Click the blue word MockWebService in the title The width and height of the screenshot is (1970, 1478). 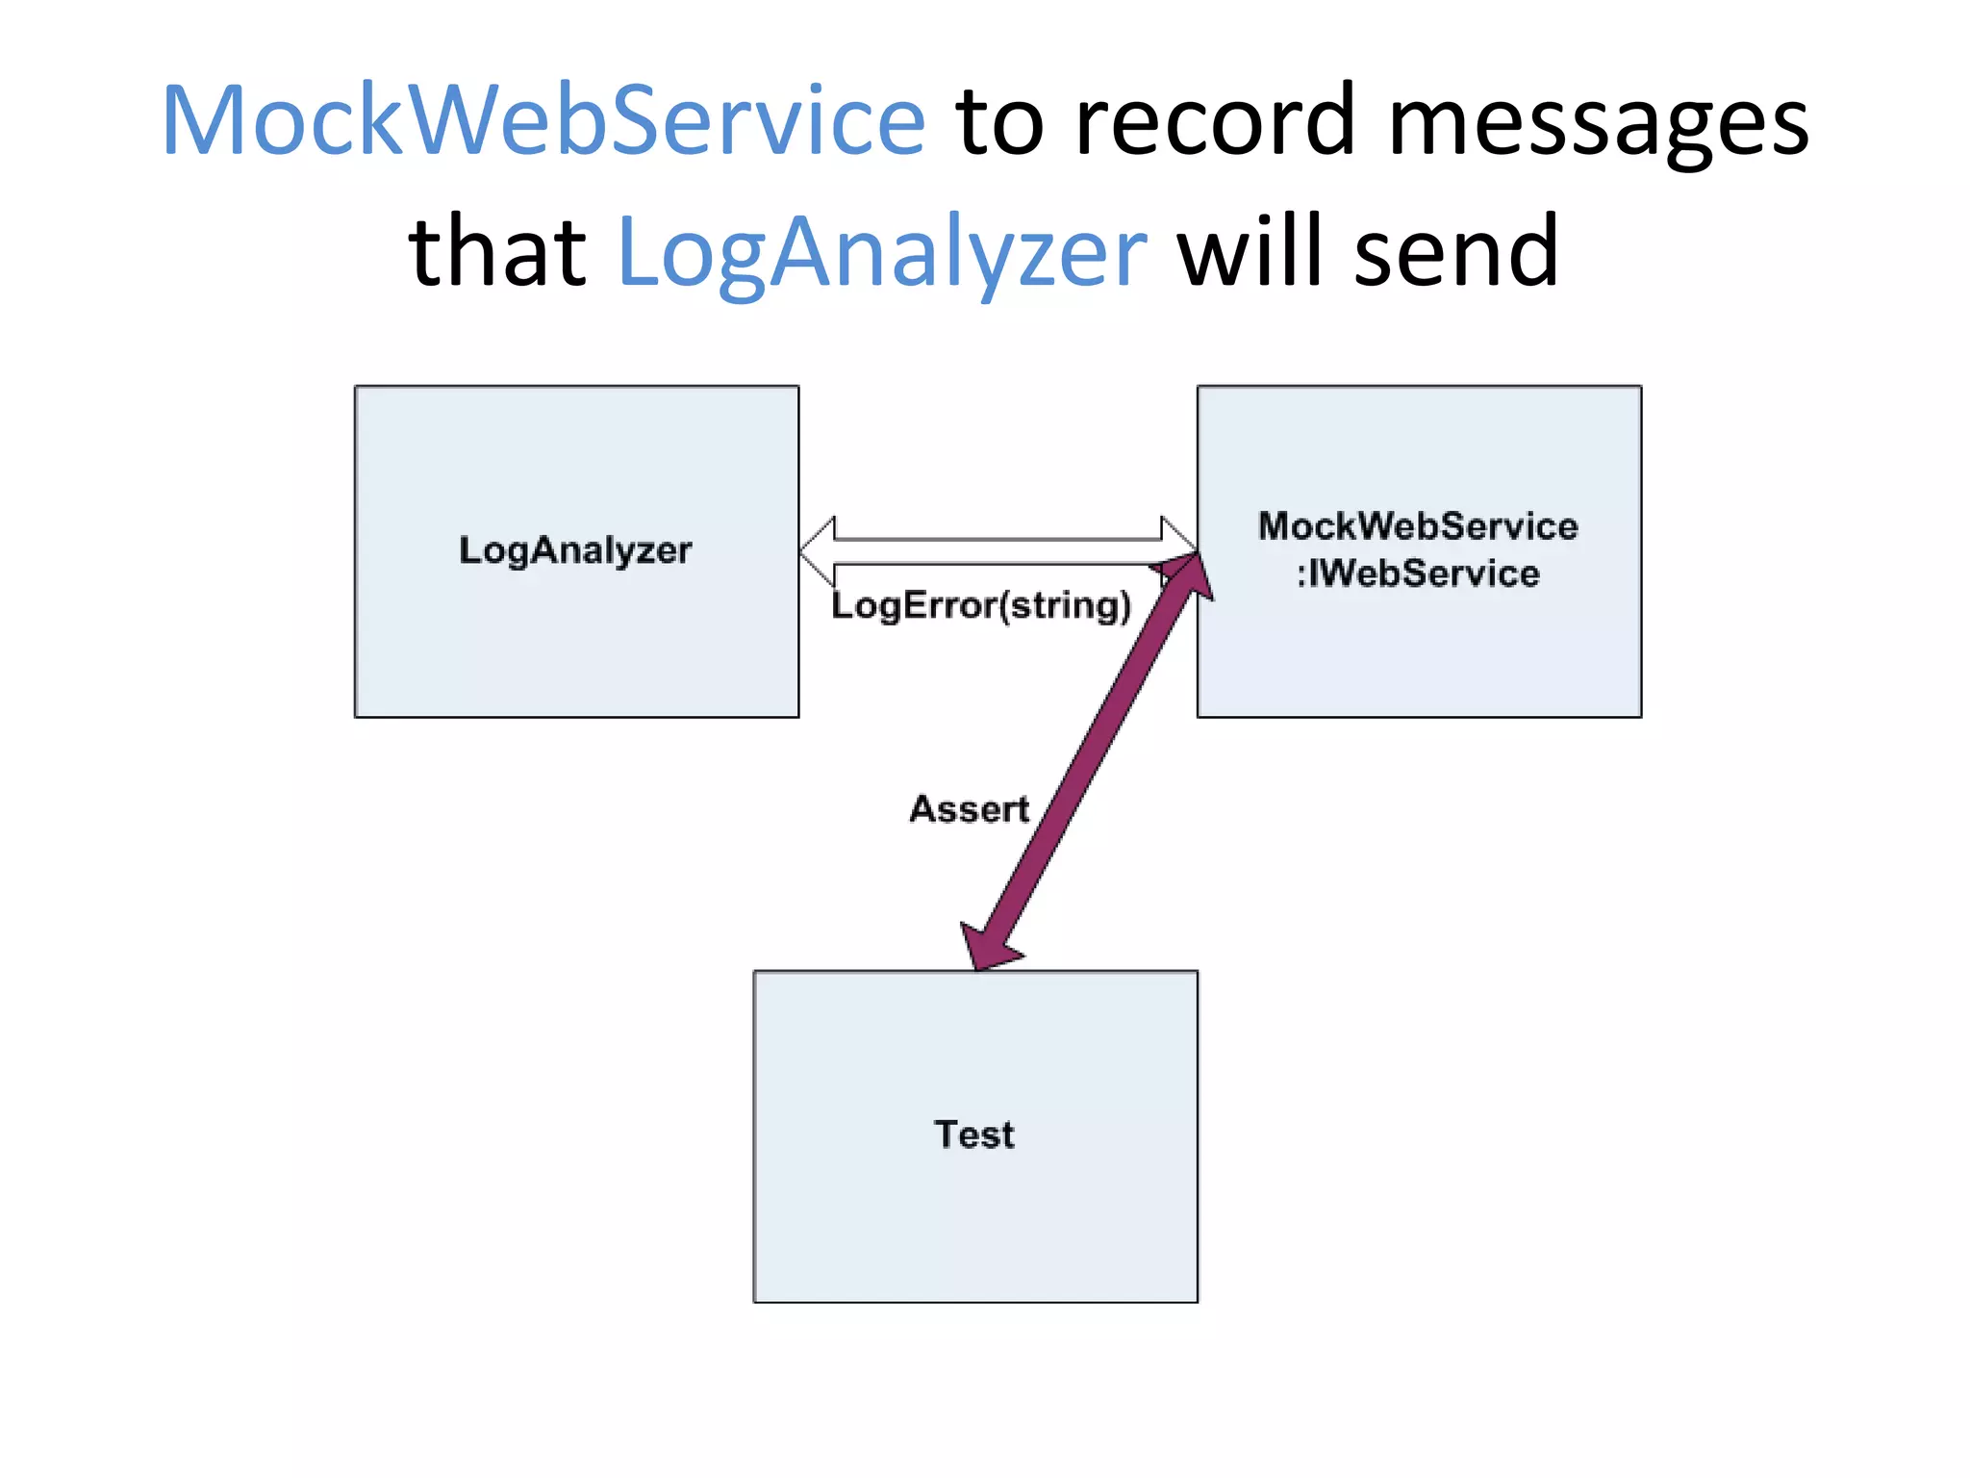(x=543, y=120)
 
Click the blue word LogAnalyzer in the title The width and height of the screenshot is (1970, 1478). (x=881, y=253)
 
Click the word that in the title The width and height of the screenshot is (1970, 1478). (x=497, y=252)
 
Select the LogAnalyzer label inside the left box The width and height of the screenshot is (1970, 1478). (x=575, y=550)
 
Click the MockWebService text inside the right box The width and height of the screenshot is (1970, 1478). (x=1418, y=526)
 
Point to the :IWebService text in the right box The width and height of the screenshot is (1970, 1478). (x=1418, y=574)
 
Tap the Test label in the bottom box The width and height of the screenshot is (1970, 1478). (x=974, y=1134)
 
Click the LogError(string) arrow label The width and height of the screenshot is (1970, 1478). (x=981, y=606)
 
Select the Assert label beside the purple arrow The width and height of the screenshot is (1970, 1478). (x=969, y=809)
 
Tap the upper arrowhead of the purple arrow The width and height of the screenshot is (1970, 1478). (x=1189, y=575)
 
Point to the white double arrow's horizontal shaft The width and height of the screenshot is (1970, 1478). (x=998, y=551)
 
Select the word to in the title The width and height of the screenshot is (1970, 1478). (x=1000, y=122)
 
